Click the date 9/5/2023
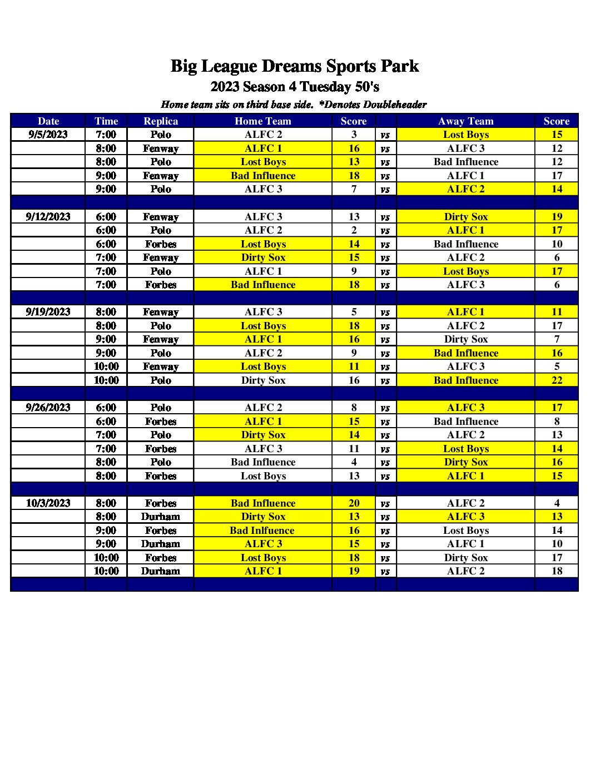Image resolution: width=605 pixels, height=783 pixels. (48, 135)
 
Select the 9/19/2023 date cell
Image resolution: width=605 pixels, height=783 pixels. (48, 312)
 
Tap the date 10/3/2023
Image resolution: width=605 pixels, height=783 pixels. (48, 503)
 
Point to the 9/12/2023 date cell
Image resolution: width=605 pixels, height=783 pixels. (48, 217)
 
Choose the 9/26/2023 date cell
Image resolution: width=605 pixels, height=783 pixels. (48, 408)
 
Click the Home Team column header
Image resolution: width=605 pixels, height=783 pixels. (262, 121)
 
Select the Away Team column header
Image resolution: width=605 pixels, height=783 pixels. (465, 121)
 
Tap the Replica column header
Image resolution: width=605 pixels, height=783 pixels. (160, 121)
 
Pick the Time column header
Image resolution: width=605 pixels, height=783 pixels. (106, 121)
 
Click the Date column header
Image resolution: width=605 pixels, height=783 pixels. (48, 121)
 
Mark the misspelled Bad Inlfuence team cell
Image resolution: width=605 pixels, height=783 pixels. (262, 531)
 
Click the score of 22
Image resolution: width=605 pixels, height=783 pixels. (557, 380)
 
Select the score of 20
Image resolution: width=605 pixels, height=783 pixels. (354, 503)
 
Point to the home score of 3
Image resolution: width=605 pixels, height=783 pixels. (354, 135)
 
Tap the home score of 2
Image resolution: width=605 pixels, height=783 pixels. (354, 230)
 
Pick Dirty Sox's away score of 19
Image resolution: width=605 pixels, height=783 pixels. (557, 217)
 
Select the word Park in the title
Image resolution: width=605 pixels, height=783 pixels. (399, 67)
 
